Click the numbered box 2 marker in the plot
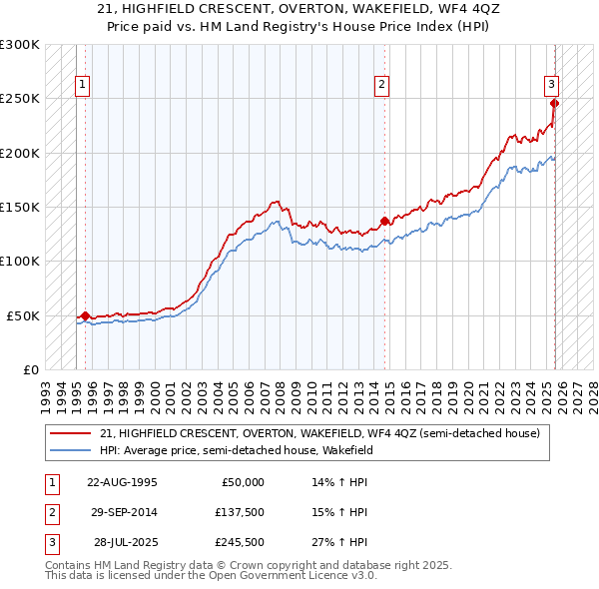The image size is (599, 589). coord(381,85)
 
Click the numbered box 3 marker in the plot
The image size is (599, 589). coord(550,85)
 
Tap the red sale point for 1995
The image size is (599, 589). coord(85,315)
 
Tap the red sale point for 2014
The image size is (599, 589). coord(385,221)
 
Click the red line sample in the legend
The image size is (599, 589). coord(72,433)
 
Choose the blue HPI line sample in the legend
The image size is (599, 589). coord(72,450)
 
